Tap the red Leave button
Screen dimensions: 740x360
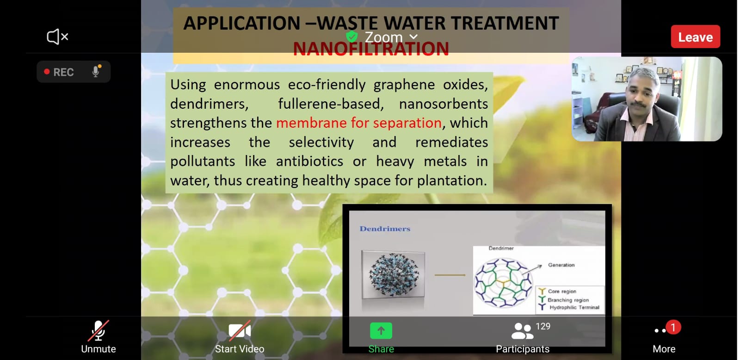696,37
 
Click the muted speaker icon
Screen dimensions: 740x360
57,37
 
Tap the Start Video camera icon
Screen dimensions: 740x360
240,330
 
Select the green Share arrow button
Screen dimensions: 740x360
381,330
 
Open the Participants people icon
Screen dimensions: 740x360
522,331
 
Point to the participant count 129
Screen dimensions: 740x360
543,326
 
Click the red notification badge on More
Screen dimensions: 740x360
673,328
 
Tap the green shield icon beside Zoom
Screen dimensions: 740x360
352,37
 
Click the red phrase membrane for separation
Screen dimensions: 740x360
359,123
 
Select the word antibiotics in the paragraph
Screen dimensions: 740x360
309,161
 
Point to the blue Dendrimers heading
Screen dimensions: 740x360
385,229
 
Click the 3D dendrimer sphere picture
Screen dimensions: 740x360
393,274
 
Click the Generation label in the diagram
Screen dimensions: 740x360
561,265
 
